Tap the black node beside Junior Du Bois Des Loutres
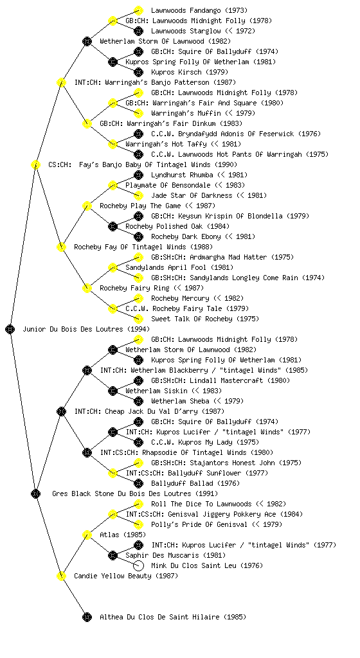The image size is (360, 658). pos(10,329)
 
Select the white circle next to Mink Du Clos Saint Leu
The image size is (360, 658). pos(138,565)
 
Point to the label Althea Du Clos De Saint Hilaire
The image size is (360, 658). pos(173,617)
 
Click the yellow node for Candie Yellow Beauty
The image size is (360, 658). pos(61,576)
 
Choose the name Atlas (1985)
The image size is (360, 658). pos(123,535)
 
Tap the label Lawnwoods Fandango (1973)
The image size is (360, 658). pos(199,10)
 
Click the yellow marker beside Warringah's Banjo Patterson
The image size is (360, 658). pos(61,82)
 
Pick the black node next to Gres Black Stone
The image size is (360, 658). pos(35,493)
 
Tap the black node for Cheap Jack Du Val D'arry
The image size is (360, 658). pos(61,411)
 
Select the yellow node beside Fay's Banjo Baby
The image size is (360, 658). pos(35,164)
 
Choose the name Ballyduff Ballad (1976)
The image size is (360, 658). pos(195,483)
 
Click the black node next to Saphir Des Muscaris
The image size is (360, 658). pos(113,555)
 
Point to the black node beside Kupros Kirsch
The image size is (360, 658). pos(138,72)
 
